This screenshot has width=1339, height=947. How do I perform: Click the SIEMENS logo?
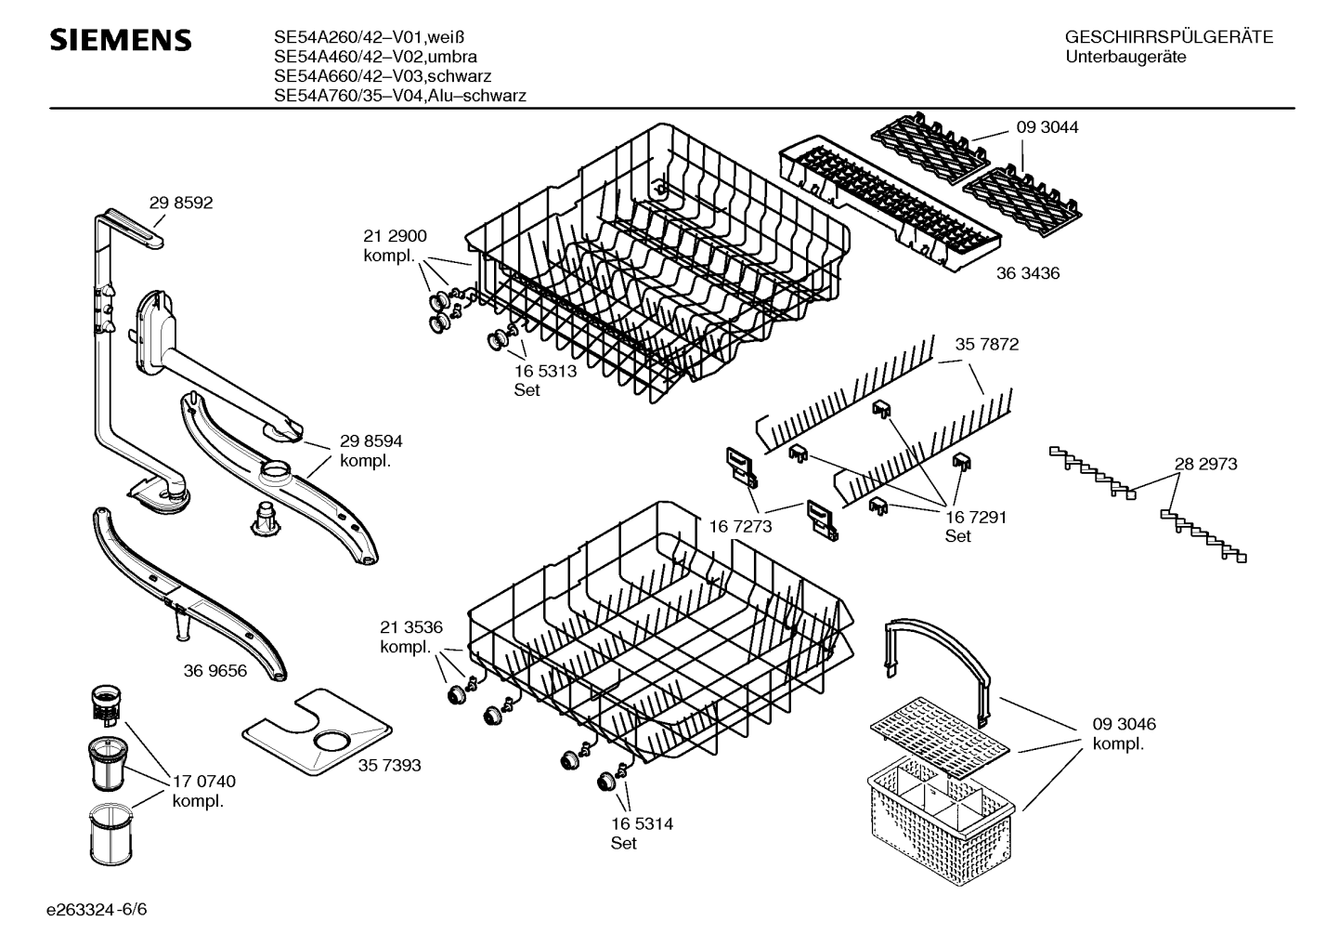click(x=121, y=40)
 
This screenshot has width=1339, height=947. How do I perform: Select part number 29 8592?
click(x=180, y=203)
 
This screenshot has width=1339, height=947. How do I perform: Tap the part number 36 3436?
click(x=1028, y=273)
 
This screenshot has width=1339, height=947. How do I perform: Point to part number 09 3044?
click(x=1047, y=127)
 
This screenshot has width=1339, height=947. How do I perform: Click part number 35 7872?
click(x=987, y=345)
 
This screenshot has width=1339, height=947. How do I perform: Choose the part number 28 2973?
click(x=1205, y=465)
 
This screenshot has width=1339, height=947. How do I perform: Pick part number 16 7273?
click(x=740, y=526)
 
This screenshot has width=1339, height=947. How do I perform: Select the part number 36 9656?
click(x=215, y=671)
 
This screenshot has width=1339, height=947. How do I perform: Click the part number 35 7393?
click(x=390, y=766)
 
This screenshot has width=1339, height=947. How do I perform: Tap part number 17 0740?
click(x=204, y=782)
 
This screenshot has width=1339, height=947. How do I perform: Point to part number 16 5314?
click(x=642, y=823)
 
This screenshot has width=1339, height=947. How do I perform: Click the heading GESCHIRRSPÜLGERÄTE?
click(x=1169, y=37)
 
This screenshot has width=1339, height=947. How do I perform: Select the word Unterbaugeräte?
click(x=1125, y=58)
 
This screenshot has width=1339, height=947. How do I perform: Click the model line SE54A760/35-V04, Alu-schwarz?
click(x=400, y=96)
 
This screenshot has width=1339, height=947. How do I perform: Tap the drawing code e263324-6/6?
click(x=97, y=910)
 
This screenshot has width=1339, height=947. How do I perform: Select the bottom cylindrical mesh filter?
click(x=110, y=835)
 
